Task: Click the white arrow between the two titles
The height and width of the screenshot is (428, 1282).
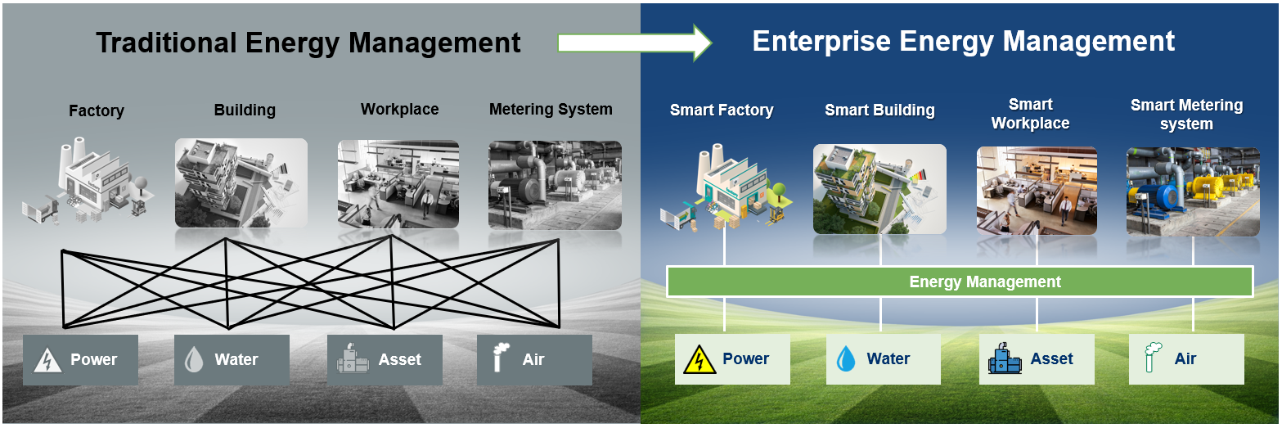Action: (x=634, y=43)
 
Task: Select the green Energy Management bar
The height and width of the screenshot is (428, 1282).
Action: (x=960, y=282)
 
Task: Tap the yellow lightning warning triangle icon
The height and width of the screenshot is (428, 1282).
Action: (x=699, y=359)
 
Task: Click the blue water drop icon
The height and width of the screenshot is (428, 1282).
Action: (x=845, y=359)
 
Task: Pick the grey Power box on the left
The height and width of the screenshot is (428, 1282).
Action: (x=80, y=359)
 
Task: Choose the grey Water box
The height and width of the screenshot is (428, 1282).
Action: (x=232, y=359)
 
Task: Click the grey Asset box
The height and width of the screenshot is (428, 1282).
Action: (x=385, y=359)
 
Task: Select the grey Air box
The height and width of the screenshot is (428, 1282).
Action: (x=534, y=359)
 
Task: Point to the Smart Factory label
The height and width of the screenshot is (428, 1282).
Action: (x=721, y=110)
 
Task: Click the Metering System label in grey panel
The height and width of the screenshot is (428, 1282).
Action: (x=550, y=110)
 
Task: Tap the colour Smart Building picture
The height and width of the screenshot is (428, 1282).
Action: (x=879, y=189)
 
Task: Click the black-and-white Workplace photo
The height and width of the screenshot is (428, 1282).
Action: (x=398, y=183)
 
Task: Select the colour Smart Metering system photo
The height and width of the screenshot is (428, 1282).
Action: (x=1192, y=191)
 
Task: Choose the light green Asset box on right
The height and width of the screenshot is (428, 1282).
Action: (x=1037, y=359)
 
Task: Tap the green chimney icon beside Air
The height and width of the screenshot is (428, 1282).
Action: (x=1154, y=358)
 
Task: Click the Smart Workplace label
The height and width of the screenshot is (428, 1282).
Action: (x=1030, y=114)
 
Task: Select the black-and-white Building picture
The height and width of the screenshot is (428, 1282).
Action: (x=241, y=183)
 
